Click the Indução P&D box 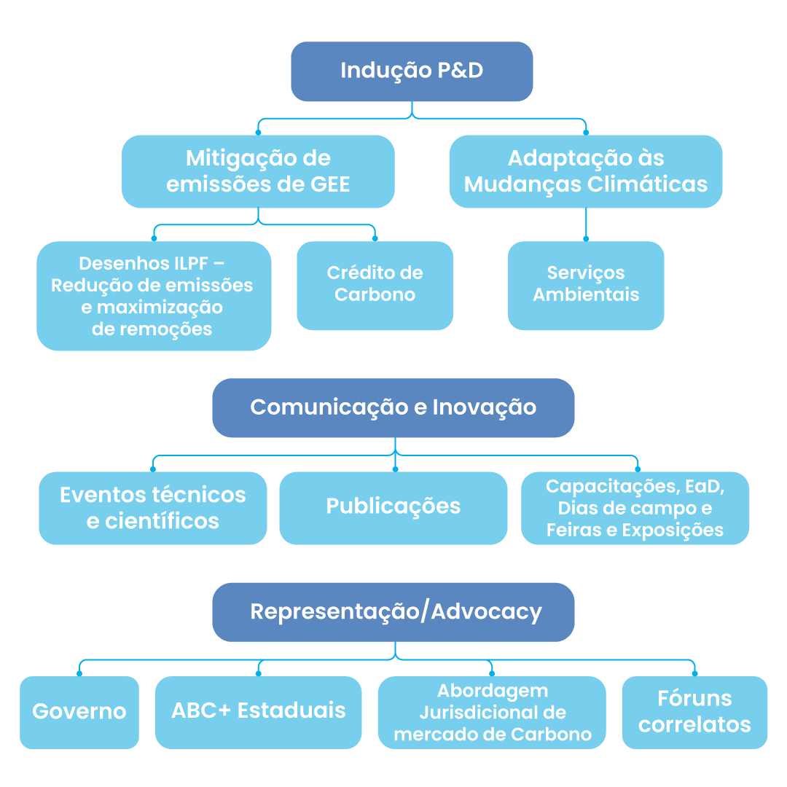pos(412,71)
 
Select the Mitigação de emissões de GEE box pos(258,171)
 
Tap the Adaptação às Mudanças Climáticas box pos(586,171)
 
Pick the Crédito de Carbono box pos(375,285)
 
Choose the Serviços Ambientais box pos(586,285)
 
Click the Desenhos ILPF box pos(153,296)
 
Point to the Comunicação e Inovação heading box pos(393,407)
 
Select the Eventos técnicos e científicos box pos(153,508)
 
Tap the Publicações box pos(393,507)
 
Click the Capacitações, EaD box pos(635,508)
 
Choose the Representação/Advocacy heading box pos(393,611)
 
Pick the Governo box pos(79,712)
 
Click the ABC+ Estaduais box pos(258,711)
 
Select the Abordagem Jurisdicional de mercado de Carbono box pos(492,712)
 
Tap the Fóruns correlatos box pos(694,712)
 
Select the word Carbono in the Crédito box pos(375,295)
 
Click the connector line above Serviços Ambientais pos(586,224)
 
